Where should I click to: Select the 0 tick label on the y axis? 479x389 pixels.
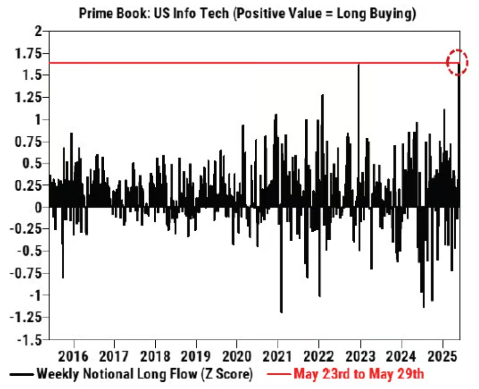[37, 207]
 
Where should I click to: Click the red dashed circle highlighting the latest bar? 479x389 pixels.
[458, 62]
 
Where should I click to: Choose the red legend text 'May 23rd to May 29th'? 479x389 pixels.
[359, 374]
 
